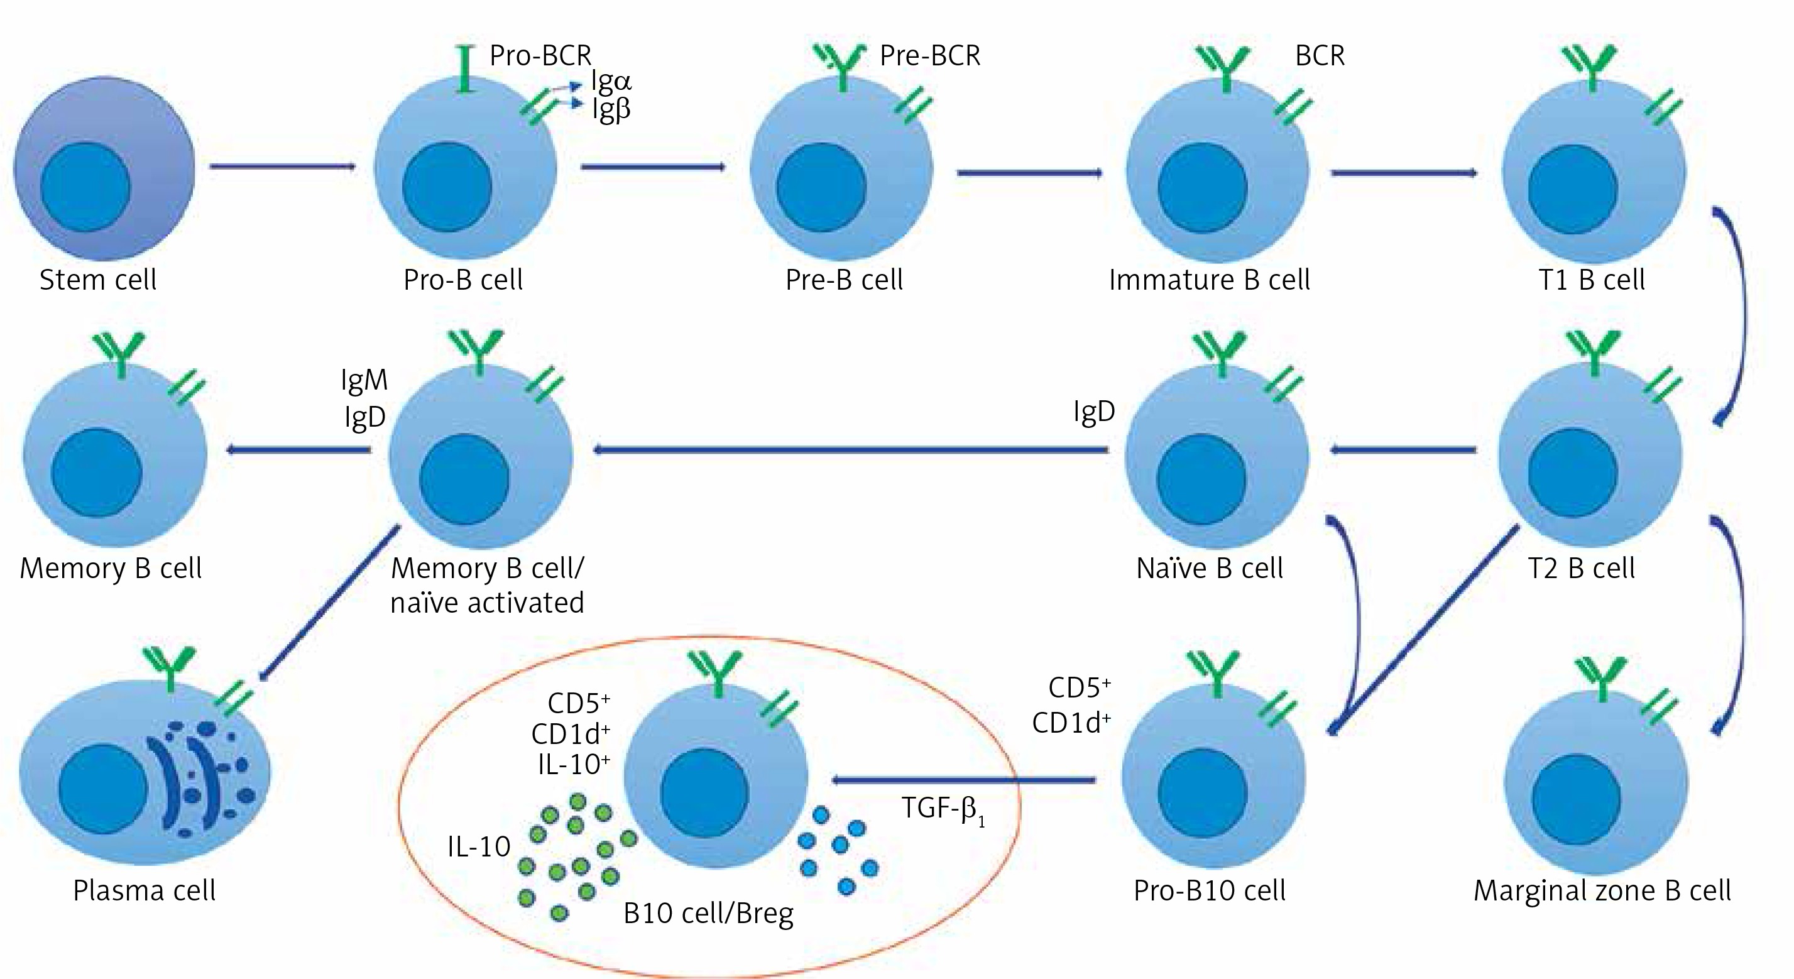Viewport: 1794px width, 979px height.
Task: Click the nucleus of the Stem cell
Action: [x=85, y=188]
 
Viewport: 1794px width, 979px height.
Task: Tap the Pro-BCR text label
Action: [x=540, y=56]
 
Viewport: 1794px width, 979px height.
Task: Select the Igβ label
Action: [x=611, y=109]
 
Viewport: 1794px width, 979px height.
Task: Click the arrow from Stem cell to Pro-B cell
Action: [x=282, y=167]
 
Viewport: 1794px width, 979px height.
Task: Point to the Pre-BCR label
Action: [x=930, y=56]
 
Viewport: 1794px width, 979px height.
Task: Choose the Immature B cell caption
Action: [x=1209, y=280]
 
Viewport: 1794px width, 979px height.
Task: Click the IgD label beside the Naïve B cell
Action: [x=1094, y=412]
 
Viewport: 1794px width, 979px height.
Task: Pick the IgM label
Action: [x=364, y=380]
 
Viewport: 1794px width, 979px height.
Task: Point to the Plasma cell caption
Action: [x=144, y=890]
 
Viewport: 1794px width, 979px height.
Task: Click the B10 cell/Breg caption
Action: [x=708, y=913]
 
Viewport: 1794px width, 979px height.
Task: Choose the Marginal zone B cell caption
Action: [x=1602, y=890]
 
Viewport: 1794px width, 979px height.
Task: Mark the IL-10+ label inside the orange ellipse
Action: [x=573, y=765]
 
